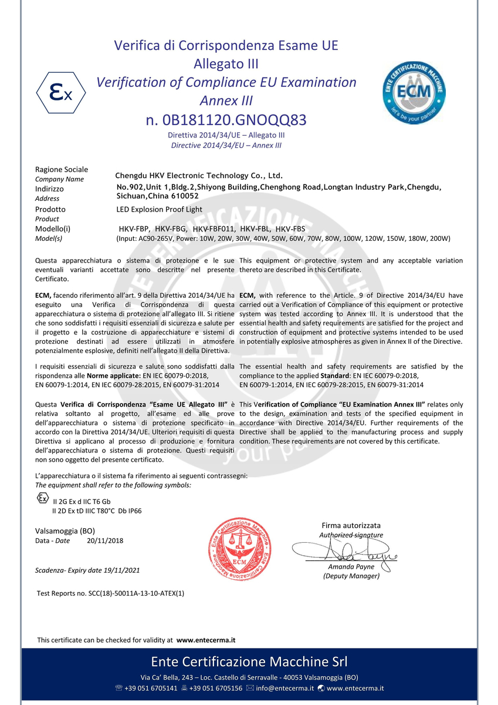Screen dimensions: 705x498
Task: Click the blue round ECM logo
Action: click(x=414, y=93)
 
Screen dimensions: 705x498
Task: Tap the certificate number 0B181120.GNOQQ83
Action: click(x=226, y=120)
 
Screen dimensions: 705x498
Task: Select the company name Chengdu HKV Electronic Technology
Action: click(x=199, y=175)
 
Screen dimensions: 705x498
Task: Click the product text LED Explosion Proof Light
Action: click(x=160, y=209)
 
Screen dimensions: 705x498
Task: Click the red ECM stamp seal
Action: click(x=241, y=550)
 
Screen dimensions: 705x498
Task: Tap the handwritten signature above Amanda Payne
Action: click(x=346, y=551)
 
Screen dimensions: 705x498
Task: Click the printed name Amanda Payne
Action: click(x=351, y=567)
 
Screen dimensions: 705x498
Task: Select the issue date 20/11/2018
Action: click(x=105, y=540)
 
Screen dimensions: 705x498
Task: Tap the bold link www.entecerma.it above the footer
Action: click(x=206, y=640)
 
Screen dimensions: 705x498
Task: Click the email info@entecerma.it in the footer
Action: click(x=284, y=688)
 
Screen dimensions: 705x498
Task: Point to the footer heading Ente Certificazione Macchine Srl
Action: click(x=249, y=662)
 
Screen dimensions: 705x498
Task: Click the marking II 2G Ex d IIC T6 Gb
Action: click(x=82, y=502)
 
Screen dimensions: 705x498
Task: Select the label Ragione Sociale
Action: click(x=62, y=169)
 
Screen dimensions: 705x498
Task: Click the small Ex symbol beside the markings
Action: click(x=42, y=499)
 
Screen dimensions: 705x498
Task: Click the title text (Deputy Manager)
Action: click(x=351, y=576)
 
